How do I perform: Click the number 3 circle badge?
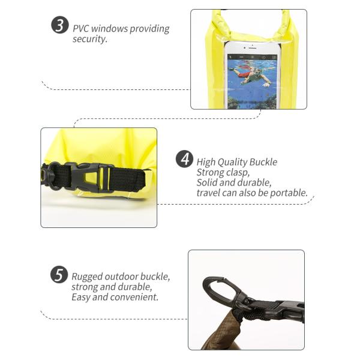[x=59, y=26]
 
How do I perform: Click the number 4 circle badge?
[x=185, y=160]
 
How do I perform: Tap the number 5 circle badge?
[x=59, y=275]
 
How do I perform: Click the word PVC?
[x=82, y=29]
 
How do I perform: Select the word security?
[x=89, y=40]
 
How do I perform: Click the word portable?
[x=287, y=193]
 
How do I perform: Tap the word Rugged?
[x=88, y=277]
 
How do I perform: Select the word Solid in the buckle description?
[x=208, y=182]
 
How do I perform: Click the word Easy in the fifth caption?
[x=81, y=297]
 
